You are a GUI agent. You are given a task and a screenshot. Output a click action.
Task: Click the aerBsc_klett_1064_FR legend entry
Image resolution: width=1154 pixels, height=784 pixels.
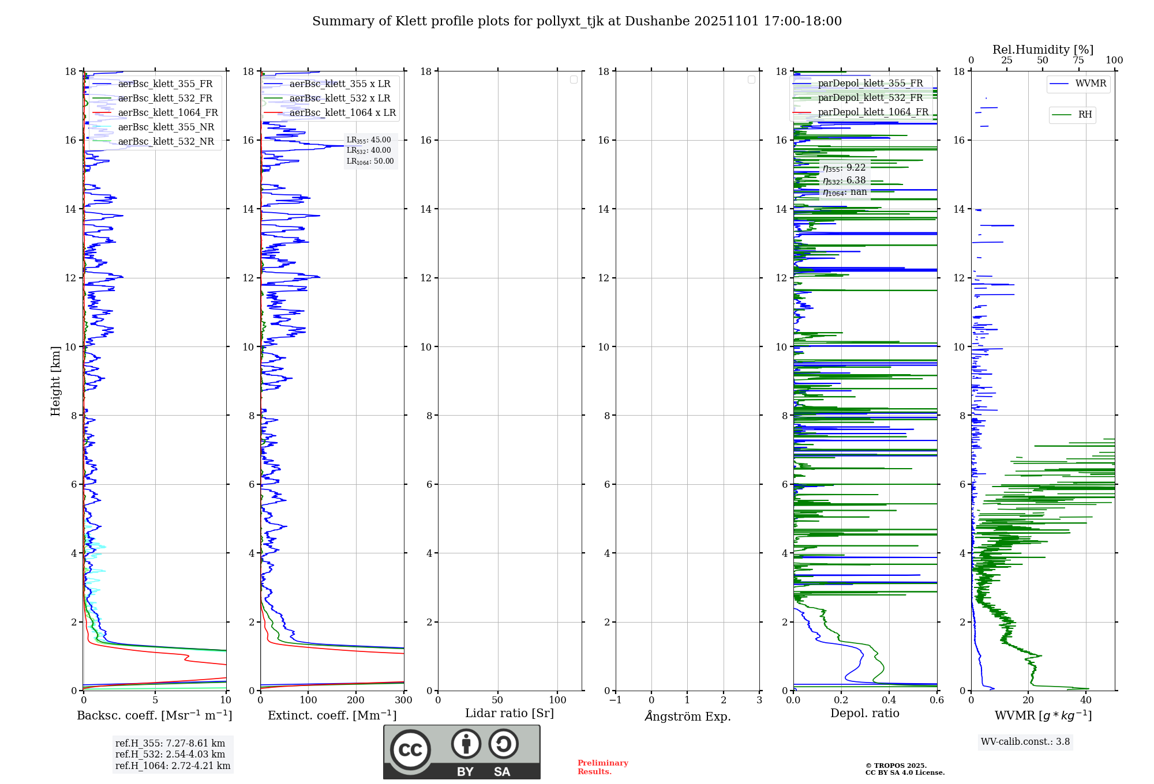click(x=167, y=113)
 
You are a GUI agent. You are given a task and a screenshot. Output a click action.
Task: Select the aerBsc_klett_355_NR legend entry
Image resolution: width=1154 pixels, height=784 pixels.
click(x=166, y=127)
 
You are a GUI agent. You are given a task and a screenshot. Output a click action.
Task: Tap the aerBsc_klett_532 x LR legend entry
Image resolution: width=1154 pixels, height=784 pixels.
click(x=339, y=99)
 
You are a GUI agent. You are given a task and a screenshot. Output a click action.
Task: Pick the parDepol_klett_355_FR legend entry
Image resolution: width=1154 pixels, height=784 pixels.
click(x=870, y=84)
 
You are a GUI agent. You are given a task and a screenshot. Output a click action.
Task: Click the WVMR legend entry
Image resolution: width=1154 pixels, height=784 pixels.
click(x=1090, y=84)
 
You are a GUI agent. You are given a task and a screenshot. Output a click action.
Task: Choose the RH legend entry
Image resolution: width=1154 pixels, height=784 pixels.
click(x=1084, y=115)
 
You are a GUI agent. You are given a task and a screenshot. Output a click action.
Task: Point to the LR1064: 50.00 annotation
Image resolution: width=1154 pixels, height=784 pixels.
click(x=370, y=161)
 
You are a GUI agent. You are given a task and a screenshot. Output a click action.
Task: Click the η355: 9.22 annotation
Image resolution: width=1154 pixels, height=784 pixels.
click(x=844, y=168)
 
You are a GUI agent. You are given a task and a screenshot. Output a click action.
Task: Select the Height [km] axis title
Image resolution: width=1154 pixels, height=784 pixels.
click(x=55, y=381)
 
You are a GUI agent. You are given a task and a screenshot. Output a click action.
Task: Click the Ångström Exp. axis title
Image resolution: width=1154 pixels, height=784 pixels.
click(x=687, y=717)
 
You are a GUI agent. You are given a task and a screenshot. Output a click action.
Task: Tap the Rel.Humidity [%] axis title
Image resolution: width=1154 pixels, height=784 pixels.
click(x=1043, y=50)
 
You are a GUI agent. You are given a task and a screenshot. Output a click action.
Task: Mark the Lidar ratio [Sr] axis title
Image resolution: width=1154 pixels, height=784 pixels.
click(x=509, y=714)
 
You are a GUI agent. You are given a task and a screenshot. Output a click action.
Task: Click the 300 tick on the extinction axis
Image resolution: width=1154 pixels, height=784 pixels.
click(x=404, y=700)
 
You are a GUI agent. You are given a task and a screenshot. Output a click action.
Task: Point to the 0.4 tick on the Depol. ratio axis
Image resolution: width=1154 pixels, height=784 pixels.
click(x=889, y=700)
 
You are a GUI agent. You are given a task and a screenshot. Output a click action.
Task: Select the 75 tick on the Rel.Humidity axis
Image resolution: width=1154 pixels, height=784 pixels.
click(x=1078, y=61)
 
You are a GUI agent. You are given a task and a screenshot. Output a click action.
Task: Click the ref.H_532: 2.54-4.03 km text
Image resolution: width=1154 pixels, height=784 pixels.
click(x=170, y=755)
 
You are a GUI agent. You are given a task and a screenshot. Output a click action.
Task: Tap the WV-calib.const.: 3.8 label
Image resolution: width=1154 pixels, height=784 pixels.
click(x=1025, y=742)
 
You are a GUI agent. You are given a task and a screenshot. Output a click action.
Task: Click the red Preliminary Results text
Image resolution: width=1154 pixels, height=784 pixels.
click(x=602, y=767)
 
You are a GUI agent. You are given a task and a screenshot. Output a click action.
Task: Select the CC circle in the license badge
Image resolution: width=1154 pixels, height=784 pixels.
click(x=410, y=750)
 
